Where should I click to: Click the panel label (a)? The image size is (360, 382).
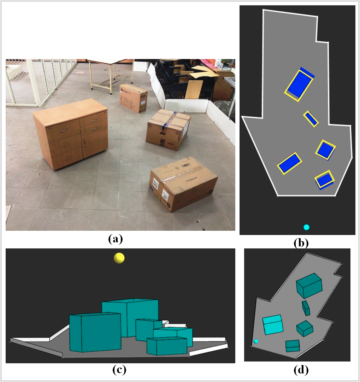click(115, 239)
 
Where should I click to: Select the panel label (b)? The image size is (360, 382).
click(301, 243)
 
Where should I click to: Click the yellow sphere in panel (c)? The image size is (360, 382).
click(119, 258)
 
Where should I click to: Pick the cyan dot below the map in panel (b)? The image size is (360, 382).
click(306, 227)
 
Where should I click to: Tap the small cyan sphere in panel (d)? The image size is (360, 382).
click(255, 341)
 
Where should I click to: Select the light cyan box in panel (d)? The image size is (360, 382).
click(273, 325)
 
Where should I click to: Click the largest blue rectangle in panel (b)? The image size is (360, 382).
click(299, 84)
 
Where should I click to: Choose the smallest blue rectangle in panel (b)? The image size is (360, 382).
click(311, 119)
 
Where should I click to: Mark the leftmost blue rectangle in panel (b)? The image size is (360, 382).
click(289, 163)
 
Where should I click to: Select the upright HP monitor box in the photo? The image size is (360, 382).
click(133, 98)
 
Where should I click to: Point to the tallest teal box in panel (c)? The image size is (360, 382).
click(130, 316)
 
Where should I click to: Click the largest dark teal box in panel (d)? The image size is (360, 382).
click(309, 286)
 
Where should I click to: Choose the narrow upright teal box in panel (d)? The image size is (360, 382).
click(306, 308)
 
